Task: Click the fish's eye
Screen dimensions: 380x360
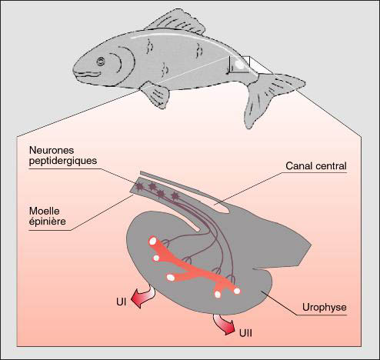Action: pyautogui.click(x=101, y=62)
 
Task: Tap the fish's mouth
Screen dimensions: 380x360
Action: pyautogui.click(x=87, y=74)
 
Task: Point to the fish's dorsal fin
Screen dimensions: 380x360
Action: pyautogui.click(x=176, y=23)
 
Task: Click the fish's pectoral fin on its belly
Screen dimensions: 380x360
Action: pyautogui.click(x=155, y=95)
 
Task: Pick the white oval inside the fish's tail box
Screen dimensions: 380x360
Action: pyautogui.click(x=240, y=64)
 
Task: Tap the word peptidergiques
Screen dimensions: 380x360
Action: pyautogui.click(x=63, y=161)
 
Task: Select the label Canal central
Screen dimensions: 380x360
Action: pyautogui.click(x=316, y=166)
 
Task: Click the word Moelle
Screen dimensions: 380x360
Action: pyautogui.click(x=44, y=211)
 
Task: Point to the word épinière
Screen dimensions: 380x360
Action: pyautogui.click(x=47, y=222)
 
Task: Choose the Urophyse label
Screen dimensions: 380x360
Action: pyautogui.click(x=324, y=307)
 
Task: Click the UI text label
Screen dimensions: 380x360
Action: pyautogui.click(x=121, y=302)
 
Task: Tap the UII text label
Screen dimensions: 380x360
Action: pyautogui.click(x=245, y=333)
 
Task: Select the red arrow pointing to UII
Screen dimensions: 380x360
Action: pyautogui.click(x=222, y=324)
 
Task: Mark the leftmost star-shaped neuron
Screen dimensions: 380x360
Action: pyautogui.click(x=138, y=188)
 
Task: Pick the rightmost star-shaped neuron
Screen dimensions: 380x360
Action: pyautogui.click(x=175, y=197)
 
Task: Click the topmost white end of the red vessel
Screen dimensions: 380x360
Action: pyautogui.click(x=153, y=241)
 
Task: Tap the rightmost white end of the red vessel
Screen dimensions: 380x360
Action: pyautogui.click(x=237, y=291)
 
